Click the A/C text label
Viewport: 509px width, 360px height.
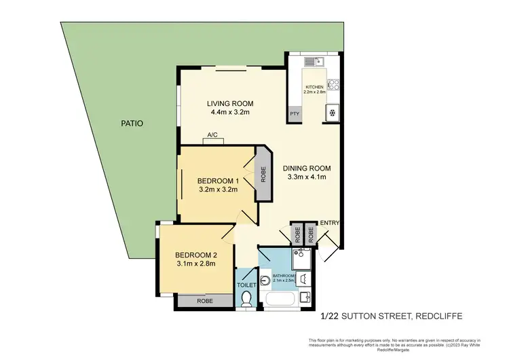click(x=212, y=134)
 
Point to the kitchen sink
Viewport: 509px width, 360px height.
click(x=319, y=62)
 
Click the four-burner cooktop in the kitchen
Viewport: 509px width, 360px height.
click(x=333, y=85)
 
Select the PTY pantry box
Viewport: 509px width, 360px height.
click(x=295, y=114)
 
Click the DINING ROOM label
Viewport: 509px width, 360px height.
click(x=307, y=168)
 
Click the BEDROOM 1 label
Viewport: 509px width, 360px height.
click(x=218, y=181)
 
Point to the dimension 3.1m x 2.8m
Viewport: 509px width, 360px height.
click(x=196, y=264)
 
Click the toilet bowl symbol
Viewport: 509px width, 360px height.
click(x=246, y=299)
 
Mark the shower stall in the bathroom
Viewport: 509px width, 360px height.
click(x=302, y=257)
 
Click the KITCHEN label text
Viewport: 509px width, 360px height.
click(x=314, y=87)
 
